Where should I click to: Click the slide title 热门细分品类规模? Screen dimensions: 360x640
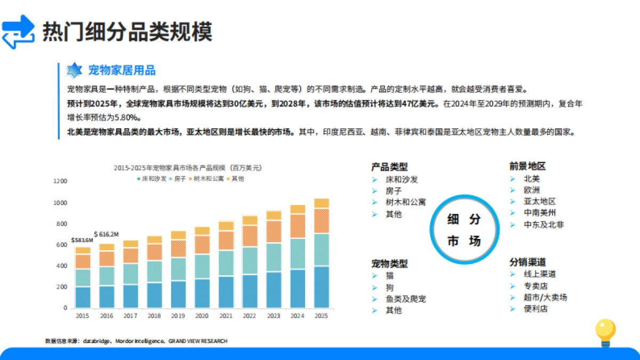coord(127,31)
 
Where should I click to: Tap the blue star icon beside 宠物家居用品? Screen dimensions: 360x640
coord(74,70)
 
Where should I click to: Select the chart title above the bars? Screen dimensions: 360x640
coord(188,167)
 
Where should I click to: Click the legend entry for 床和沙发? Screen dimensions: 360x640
coord(152,179)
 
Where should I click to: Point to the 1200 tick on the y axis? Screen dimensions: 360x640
coord(60,181)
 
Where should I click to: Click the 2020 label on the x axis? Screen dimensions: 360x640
coord(202,316)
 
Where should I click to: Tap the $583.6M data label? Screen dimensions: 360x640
coord(82,241)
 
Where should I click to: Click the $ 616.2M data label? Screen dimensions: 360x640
coord(106,234)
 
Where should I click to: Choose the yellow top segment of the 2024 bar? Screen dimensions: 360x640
coord(298,209)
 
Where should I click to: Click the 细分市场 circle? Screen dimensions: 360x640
coord(463,230)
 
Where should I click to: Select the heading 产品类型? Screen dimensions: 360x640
coord(389,167)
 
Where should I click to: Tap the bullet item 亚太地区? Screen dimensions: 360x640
coord(540,202)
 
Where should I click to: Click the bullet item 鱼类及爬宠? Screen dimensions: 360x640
coord(405,299)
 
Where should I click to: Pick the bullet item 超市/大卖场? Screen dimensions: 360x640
coord(545,297)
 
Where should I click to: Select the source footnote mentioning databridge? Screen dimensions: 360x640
coord(136,341)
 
